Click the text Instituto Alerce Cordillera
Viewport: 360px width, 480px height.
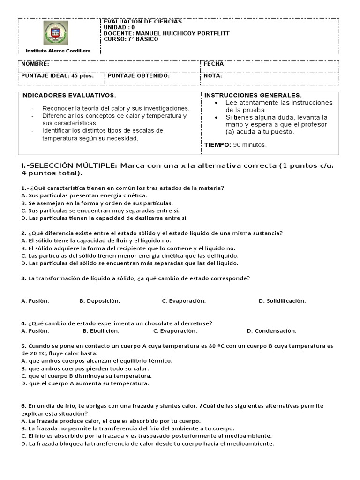coord(59,50)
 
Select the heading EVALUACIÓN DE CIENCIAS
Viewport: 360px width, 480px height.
coord(142,22)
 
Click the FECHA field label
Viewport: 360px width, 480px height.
coord(214,64)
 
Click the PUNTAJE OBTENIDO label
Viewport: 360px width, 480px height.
coord(139,75)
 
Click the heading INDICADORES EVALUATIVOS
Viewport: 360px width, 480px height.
coord(68,96)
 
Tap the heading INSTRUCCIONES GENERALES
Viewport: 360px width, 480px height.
coord(253,96)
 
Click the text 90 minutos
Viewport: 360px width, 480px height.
coord(250,145)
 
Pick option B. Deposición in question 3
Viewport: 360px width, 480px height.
coord(99,301)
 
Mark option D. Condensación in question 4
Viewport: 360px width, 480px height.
coord(271,331)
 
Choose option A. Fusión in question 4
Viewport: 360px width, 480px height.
coord(35,331)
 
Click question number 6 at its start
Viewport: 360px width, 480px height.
coord(23,406)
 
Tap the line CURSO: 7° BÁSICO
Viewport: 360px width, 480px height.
coord(131,39)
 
